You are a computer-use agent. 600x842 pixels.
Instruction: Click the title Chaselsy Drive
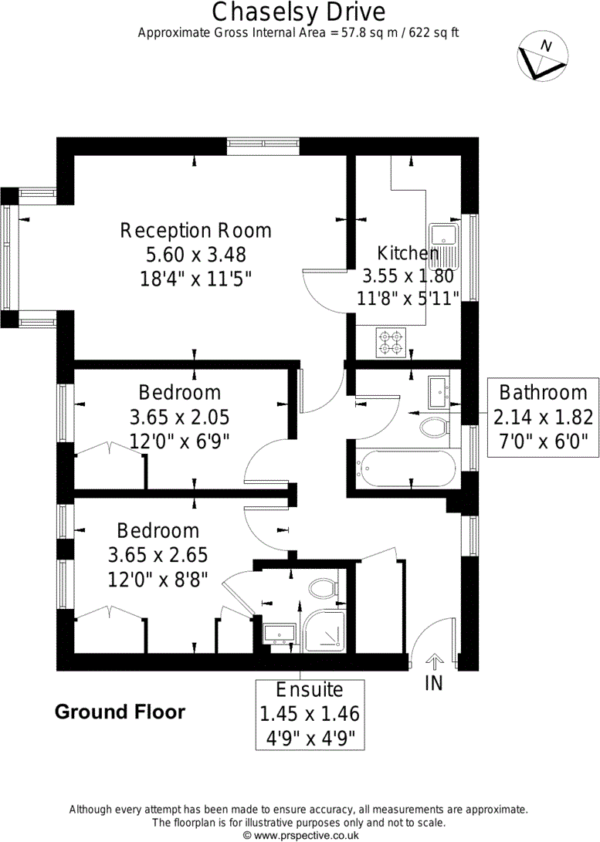299,12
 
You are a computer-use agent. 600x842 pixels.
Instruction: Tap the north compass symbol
542,56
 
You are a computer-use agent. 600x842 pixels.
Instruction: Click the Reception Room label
195,231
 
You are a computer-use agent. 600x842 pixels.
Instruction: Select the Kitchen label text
408,253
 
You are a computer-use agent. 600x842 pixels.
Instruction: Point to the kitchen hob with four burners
391,343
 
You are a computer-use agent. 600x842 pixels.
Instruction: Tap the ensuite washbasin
280,634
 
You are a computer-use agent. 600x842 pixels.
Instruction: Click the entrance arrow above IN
433,661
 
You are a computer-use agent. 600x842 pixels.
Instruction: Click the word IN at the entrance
433,682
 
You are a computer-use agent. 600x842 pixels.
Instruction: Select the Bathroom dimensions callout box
543,418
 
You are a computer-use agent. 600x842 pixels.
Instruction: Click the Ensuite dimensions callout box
310,714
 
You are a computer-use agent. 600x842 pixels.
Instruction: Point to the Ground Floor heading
120,712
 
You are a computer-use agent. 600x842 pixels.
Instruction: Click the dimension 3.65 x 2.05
179,418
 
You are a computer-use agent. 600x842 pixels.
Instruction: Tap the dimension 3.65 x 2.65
158,555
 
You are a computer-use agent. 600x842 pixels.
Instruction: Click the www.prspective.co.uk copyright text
301,835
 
